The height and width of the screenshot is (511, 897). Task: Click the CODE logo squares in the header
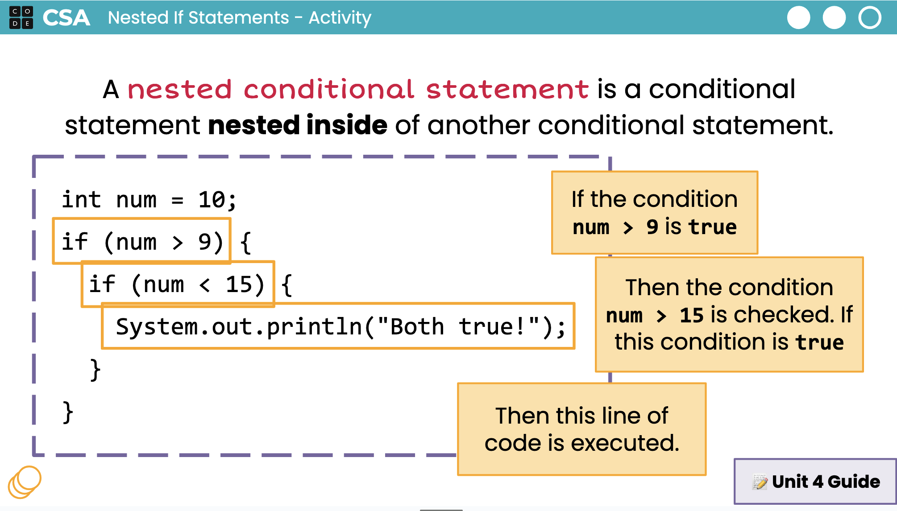tap(21, 17)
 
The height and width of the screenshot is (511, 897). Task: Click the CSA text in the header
tap(66, 18)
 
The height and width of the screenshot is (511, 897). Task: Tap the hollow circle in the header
tap(870, 18)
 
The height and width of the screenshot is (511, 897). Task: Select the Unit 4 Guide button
tap(815, 482)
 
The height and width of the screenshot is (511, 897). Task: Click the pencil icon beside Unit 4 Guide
tap(760, 482)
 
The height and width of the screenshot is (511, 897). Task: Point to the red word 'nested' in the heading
tap(179, 89)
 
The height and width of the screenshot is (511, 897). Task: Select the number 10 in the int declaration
tap(212, 199)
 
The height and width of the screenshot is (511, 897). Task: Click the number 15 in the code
tap(239, 284)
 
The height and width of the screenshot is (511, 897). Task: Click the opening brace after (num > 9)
tap(245, 243)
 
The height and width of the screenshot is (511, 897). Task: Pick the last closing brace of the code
tap(68, 412)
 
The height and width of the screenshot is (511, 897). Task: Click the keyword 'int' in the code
tap(81, 199)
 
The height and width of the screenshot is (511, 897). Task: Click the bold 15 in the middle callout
tap(691, 315)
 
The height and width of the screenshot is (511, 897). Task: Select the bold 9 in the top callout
tap(652, 227)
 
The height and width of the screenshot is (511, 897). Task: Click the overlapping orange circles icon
tap(25, 482)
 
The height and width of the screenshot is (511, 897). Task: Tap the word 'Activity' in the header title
tap(340, 18)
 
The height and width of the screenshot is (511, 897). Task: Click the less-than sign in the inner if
tap(204, 285)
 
